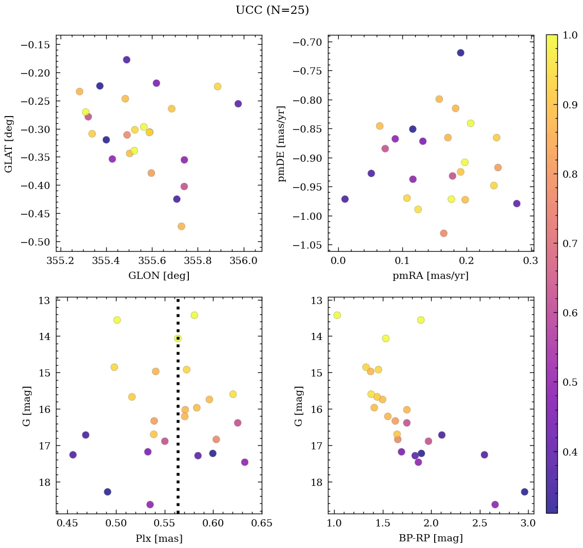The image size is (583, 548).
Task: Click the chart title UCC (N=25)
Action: [x=272, y=10]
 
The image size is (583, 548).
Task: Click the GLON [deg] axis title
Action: [x=159, y=276]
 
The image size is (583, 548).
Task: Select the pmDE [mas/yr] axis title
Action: [x=282, y=143]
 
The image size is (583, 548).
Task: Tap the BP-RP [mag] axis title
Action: [x=431, y=538]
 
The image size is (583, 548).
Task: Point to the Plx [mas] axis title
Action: [x=159, y=538]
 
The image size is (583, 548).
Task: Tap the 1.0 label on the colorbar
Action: [x=570, y=35]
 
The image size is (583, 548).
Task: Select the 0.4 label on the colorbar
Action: [x=570, y=451]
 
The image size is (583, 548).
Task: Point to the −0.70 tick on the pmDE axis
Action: [x=307, y=42]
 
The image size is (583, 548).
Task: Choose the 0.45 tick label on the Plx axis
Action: [x=67, y=523]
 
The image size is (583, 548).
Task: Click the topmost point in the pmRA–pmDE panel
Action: [x=460, y=53]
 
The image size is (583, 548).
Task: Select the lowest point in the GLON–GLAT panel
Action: [x=181, y=226]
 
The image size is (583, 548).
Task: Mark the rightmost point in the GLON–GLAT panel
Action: [x=238, y=104]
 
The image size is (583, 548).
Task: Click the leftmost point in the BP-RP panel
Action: [x=337, y=315]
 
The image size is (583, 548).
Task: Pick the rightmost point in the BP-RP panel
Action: [x=524, y=492]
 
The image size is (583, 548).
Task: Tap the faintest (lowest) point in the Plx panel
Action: [x=150, y=504]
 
